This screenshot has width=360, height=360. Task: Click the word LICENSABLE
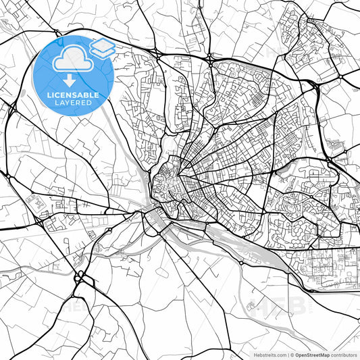click(x=73, y=95)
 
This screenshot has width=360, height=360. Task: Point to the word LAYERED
click(x=73, y=104)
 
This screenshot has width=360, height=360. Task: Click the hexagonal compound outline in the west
click(x=33, y=201)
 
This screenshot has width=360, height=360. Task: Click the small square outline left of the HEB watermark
click(x=251, y=310)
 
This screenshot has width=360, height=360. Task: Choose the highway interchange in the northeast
click(x=315, y=86)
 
